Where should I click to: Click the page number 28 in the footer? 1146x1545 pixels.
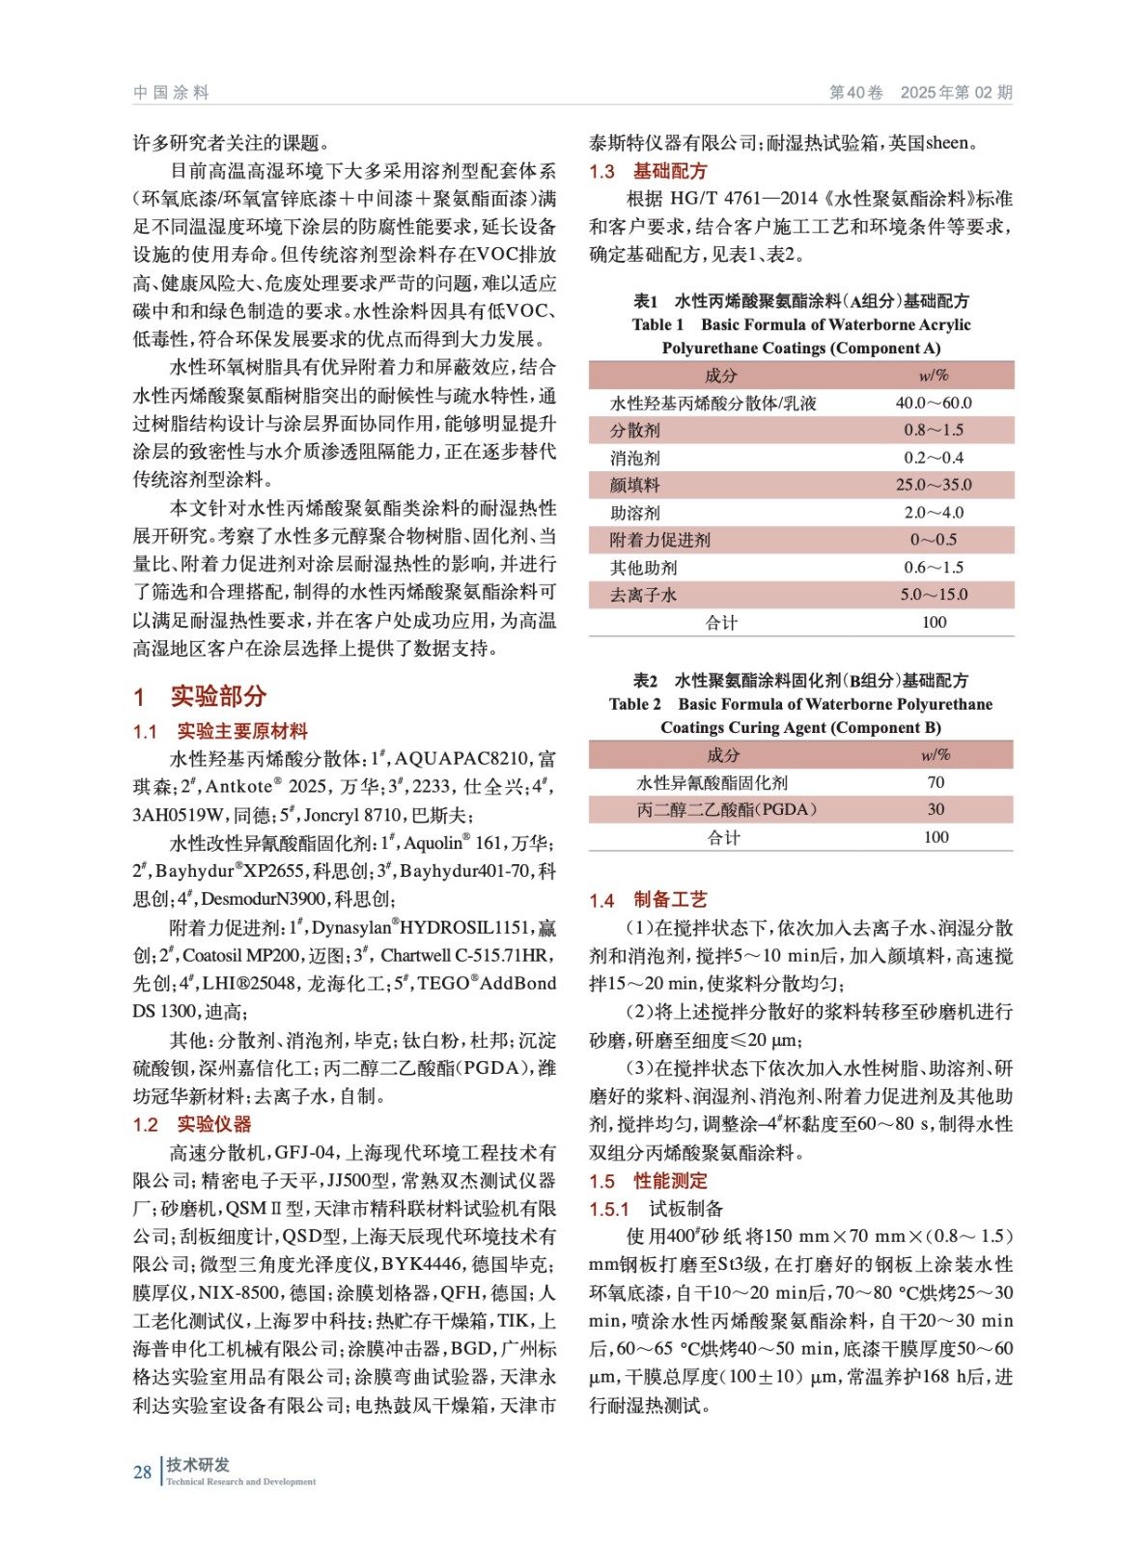point(142,1472)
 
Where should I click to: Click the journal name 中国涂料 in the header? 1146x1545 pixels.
point(171,93)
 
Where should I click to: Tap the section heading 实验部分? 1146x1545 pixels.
point(217,696)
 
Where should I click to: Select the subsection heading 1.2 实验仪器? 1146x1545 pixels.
point(191,1124)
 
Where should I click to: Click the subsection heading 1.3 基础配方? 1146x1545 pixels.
point(648,171)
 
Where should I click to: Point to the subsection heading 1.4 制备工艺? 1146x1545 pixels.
point(648,900)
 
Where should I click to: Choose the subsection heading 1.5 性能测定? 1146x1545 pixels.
point(648,1181)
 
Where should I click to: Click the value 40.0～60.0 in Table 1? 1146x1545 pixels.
point(933,403)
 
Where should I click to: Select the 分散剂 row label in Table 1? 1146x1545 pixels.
point(635,431)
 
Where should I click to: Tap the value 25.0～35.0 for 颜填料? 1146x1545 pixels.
point(933,485)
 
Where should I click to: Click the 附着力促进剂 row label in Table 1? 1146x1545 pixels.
point(659,540)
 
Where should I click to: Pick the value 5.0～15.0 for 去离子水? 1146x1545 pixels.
point(933,595)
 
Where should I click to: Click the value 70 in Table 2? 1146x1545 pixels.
point(936,782)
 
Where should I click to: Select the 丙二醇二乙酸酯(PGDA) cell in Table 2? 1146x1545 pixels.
point(726,809)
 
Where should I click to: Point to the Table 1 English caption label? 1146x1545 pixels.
point(658,324)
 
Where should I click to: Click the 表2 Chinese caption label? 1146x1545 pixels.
point(645,680)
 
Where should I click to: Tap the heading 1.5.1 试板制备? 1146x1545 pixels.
point(656,1209)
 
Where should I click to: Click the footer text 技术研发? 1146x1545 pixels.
point(198,1465)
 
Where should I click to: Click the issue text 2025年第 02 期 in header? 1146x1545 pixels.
point(956,93)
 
